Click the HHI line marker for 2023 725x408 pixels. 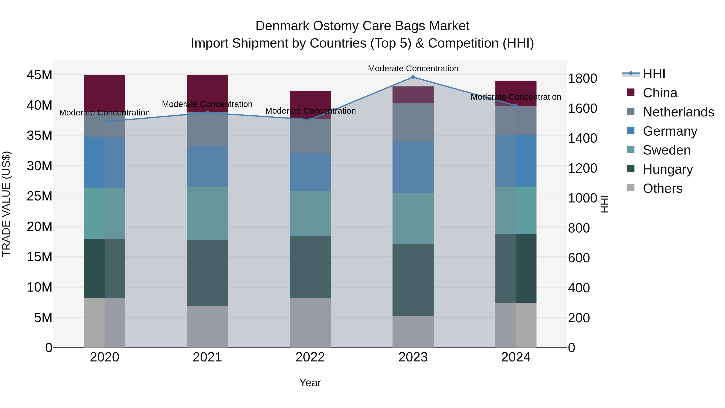(413, 77)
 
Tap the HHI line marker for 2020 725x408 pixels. (104, 122)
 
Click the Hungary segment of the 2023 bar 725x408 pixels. (413, 280)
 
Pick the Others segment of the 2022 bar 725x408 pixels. (310, 323)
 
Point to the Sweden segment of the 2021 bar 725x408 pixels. (207, 213)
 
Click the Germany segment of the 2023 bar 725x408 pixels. (413, 167)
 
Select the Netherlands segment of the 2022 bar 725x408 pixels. (310, 136)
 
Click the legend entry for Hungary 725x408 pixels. (668, 169)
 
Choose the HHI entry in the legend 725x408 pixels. (654, 74)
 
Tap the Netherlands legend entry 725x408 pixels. (678, 112)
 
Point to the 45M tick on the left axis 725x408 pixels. (39, 75)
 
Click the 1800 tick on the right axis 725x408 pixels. (582, 79)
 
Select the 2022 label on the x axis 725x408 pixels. (310, 357)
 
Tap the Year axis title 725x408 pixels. (310, 383)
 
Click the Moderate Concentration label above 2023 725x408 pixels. (413, 69)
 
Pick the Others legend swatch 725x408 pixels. (631, 188)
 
